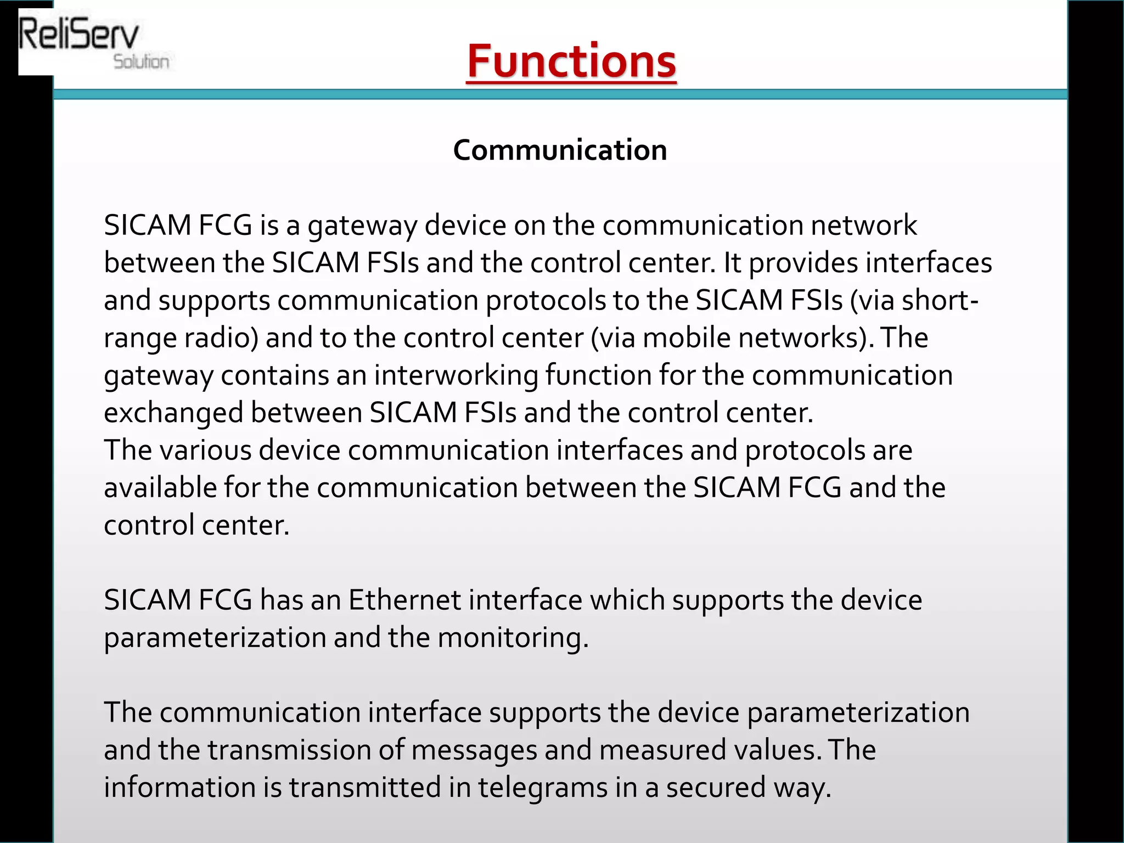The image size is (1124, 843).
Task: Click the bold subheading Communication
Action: tap(560, 150)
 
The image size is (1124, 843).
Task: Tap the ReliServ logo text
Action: tap(78, 34)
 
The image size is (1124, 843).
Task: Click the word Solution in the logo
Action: tap(141, 61)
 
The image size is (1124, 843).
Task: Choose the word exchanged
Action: tap(173, 413)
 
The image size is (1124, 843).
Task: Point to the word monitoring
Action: tap(513, 638)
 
